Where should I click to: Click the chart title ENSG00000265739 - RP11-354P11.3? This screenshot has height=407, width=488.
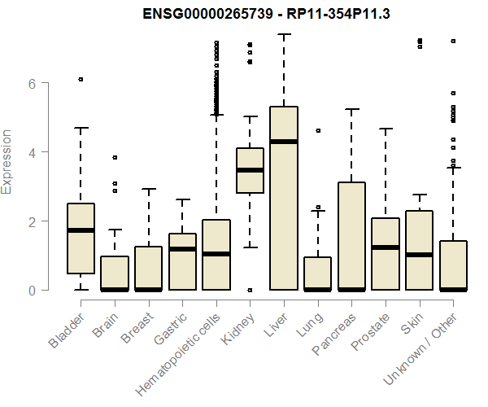pos(267,14)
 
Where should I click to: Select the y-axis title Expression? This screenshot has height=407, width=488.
pos(9,161)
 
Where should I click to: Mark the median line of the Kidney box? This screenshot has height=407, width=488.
pos(250,170)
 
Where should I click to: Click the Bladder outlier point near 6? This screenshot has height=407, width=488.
pos(81,79)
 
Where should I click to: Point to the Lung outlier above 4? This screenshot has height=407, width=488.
pos(318,130)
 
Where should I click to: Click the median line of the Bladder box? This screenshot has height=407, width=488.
pos(81,230)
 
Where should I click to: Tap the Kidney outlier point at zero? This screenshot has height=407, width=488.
pos(250,290)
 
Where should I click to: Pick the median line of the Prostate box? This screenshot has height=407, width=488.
pos(386,247)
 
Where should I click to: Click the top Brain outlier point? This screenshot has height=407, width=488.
pos(115,157)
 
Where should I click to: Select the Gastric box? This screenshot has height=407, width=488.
pos(182,261)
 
